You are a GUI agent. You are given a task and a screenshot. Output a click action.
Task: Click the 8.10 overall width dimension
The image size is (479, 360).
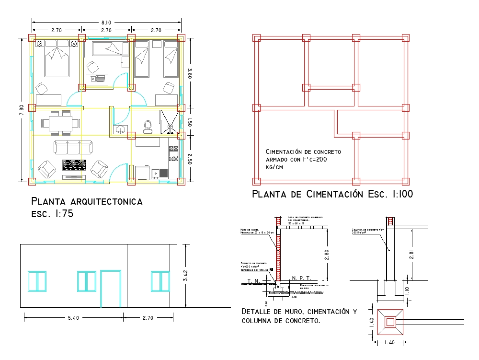(106, 22)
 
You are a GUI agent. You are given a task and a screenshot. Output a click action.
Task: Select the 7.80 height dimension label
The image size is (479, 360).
(20, 109)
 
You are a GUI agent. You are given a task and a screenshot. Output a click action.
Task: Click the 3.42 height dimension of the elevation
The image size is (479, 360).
(186, 275)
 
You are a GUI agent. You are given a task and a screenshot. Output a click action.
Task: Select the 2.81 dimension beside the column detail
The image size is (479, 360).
(412, 254)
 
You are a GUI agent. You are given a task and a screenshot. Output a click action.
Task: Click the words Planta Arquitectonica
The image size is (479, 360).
(87, 201)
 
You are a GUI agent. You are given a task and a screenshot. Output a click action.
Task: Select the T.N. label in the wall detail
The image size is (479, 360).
(252, 280)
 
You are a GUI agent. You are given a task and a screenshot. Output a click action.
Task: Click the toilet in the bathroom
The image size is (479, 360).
(148, 126)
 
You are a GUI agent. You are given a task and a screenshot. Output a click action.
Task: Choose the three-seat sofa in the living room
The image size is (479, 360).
(73, 147)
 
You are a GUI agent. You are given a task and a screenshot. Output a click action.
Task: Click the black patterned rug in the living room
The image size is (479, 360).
(74, 164)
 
